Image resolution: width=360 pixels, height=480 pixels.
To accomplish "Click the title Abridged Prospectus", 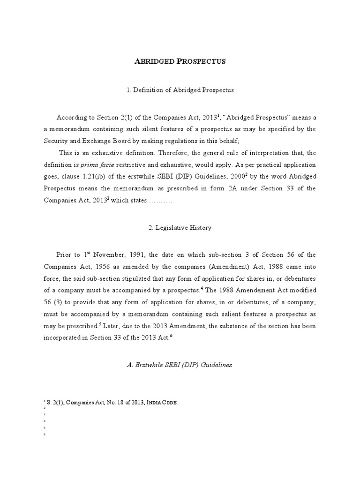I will tap(180, 62).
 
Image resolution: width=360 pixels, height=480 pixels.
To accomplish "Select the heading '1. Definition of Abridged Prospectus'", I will tap(180, 90).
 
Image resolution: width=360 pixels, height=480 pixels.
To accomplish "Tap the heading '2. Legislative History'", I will tap(180, 227).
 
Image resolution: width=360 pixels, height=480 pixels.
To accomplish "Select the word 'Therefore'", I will tap(175, 153).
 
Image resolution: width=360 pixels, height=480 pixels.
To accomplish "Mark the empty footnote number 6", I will tap(44, 434).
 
